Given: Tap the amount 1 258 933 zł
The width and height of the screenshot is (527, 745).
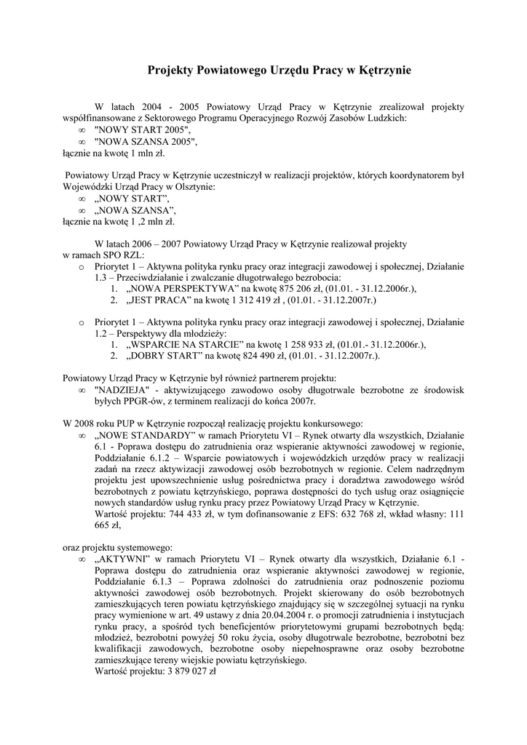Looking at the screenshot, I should pyautogui.click(x=297, y=345).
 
